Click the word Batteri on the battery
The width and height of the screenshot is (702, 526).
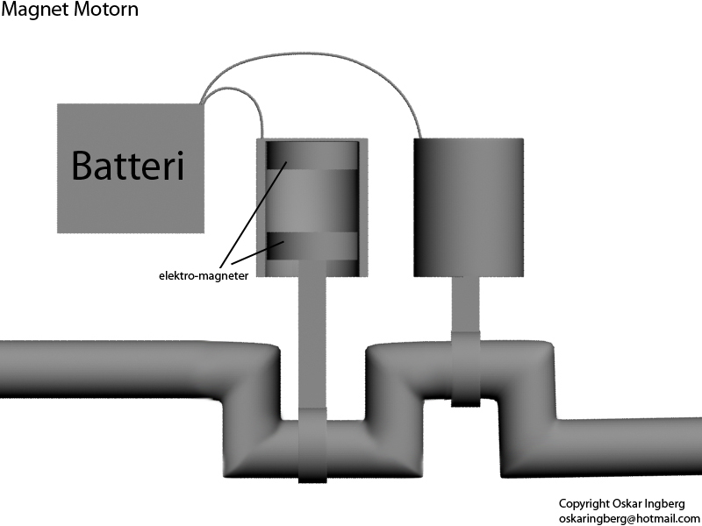[127, 166]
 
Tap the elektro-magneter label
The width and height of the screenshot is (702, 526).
[204, 275]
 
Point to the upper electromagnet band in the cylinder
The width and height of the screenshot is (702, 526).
[312, 155]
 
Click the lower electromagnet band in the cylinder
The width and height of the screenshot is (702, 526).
[312, 246]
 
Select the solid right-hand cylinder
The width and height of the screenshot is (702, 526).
[469, 207]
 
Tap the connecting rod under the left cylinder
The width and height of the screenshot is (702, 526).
[312, 341]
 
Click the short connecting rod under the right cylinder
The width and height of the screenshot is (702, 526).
[465, 304]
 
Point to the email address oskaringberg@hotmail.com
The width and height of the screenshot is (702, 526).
[629, 519]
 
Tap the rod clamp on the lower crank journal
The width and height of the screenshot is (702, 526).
[312, 445]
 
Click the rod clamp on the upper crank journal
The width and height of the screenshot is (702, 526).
[465, 369]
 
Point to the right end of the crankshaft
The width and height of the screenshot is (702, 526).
[699, 446]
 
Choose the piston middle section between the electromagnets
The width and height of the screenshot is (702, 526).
[312, 201]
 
